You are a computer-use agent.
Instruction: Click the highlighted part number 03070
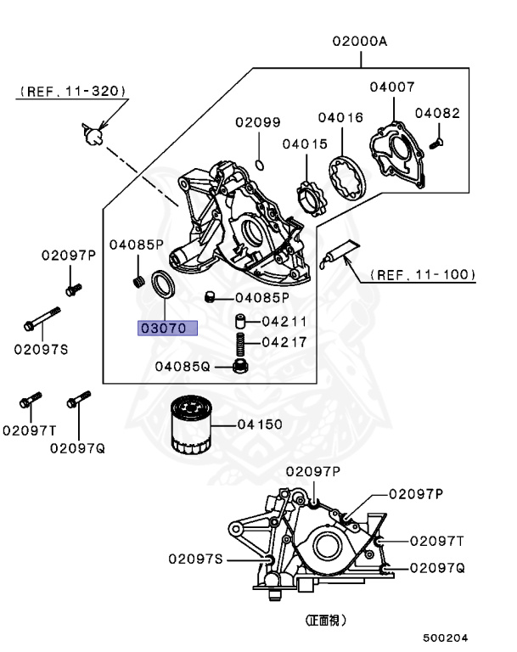tap(168, 327)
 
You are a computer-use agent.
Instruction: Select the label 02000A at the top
tap(359, 41)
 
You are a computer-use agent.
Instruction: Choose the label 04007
tap(392, 87)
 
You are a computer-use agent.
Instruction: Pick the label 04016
tap(341, 117)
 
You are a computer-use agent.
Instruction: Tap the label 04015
tap(305, 144)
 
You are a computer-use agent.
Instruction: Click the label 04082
tap(439, 113)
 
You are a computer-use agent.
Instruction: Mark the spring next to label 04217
tap(240, 345)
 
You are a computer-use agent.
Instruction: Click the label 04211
tap(284, 322)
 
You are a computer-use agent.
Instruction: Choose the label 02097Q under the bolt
tap(76, 447)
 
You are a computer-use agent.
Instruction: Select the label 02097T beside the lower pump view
tap(437, 540)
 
